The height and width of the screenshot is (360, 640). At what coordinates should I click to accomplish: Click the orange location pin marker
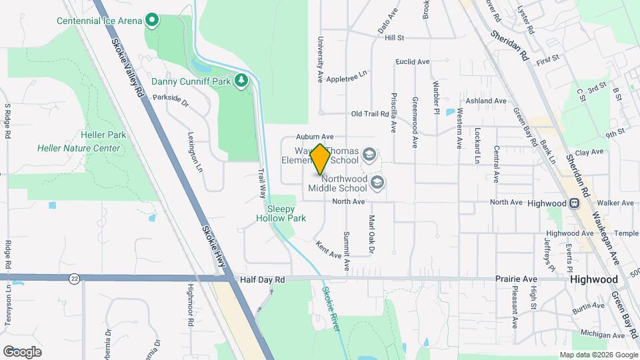pyautogui.click(x=320, y=159)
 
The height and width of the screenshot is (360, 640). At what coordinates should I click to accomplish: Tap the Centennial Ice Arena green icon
pyautogui.click(x=152, y=20)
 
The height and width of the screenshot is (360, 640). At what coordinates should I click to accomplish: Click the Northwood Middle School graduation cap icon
pyautogui.click(x=377, y=183)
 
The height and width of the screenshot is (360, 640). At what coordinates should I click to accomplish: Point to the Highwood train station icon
pyautogui.click(x=573, y=203)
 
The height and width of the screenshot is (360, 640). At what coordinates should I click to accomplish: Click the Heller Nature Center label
pyautogui.click(x=79, y=148)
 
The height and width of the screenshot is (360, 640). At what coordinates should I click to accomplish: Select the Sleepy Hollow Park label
pyautogui.click(x=281, y=213)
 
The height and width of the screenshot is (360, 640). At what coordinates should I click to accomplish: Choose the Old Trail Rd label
pyautogui.click(x=370, y=114)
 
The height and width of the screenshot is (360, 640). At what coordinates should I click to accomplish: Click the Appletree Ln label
pyautogui.click(x=347, y=73)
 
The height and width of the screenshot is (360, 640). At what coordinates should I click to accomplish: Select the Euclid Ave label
pyautogui.click(x=412, y=61)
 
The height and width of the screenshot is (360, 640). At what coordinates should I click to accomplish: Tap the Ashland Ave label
pyautogui.click(x=486, y=101)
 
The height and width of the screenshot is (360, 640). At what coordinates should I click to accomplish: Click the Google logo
pyautogui.click(x=22, y=351)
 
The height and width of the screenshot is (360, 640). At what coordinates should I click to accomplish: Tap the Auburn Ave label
pyautogui.click(x=319, y=136)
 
